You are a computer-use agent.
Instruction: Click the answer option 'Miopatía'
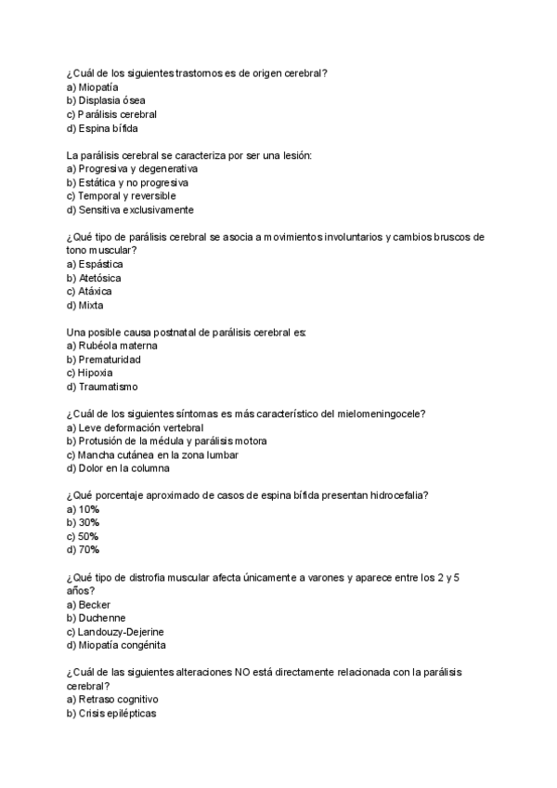coord(98,86)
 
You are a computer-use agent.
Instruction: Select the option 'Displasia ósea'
coord(111,100)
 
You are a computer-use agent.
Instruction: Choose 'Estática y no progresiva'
coord(133,182)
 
